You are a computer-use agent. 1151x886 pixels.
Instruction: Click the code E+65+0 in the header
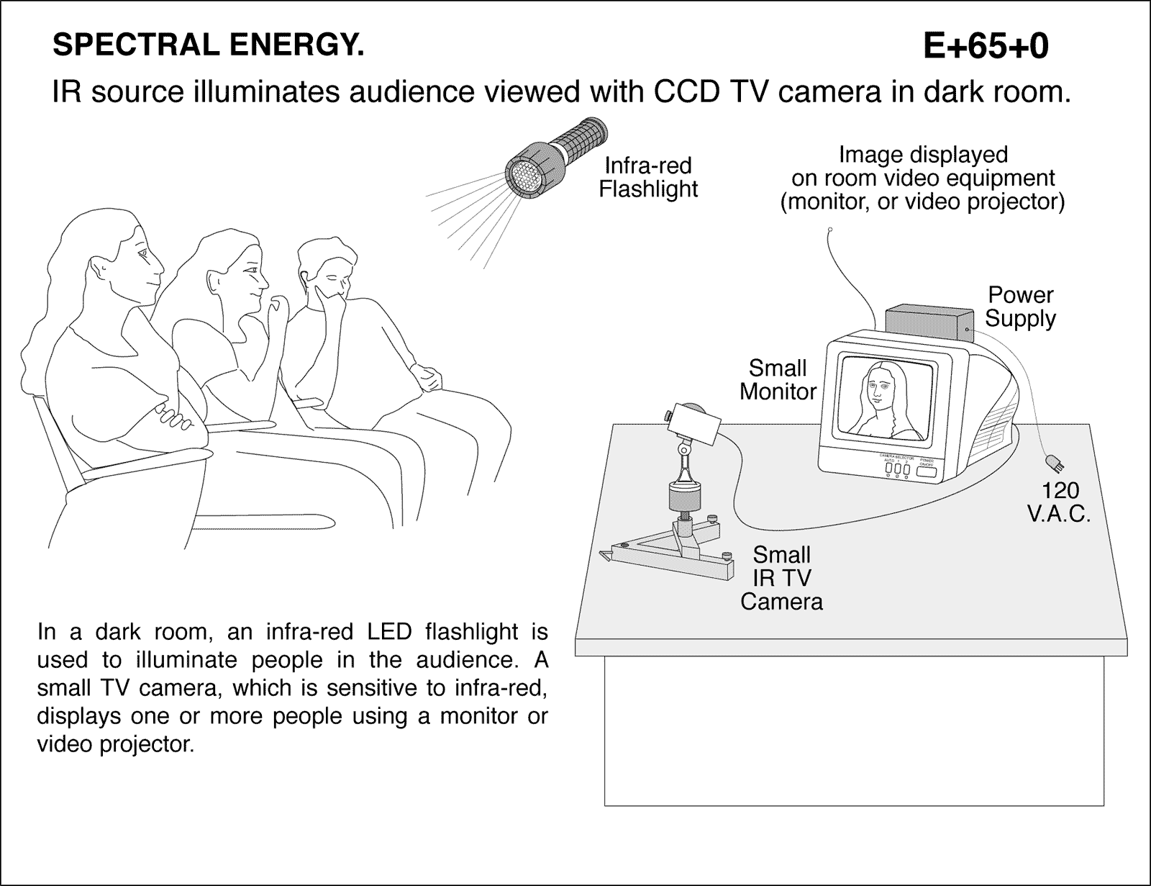coord(985,47)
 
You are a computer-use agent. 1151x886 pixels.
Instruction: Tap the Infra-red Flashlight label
coord(648,177)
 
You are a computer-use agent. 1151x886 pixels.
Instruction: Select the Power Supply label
coord(1020,307)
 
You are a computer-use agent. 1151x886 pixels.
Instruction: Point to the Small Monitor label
coord(778,380)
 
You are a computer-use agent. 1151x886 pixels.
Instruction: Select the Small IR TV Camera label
coord(781,578)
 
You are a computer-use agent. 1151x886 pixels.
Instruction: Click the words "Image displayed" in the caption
coord(923,155)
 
